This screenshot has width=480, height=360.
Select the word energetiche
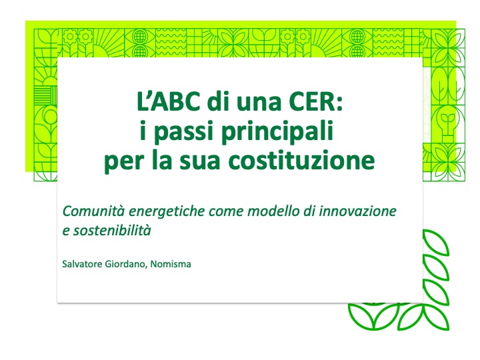click(167, 211)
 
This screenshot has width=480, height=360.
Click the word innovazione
click(357, 211)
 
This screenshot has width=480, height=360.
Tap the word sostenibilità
click(112, 231)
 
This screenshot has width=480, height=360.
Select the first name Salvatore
click(82, 264)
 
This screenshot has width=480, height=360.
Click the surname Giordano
click(126, 264)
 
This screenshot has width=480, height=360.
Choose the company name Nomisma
click(171, 264)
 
